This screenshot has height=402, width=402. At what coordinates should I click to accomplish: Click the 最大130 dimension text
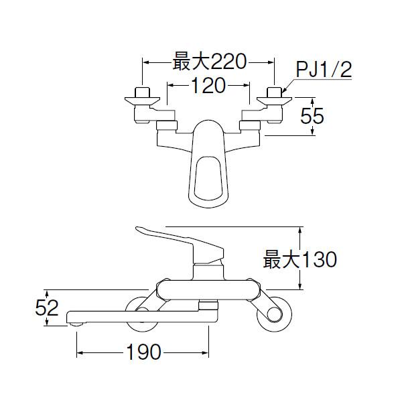(299, 259)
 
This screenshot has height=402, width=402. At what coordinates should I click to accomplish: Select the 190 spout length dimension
(143, 352)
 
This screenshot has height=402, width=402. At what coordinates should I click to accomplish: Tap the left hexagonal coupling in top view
(165, 124)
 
